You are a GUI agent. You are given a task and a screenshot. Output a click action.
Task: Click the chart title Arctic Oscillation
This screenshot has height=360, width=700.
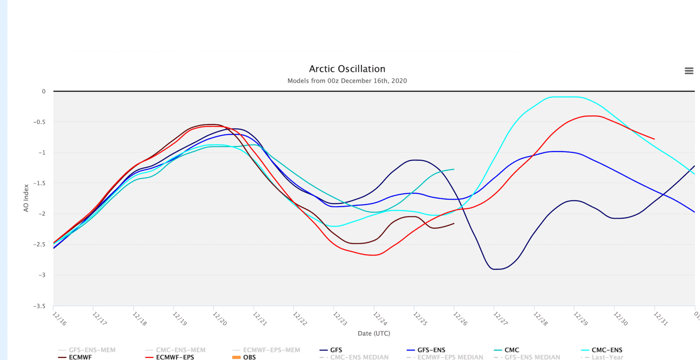coord(347,69)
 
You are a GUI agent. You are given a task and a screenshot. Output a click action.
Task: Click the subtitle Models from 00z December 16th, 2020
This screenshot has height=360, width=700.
coord(347,81)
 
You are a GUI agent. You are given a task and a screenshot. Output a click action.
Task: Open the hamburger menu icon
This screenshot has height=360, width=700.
coord(689,71)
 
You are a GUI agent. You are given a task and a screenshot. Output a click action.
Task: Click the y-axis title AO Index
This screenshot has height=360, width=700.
coord(26,198)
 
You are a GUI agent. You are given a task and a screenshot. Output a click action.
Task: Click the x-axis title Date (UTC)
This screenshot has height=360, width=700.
coord(374,333)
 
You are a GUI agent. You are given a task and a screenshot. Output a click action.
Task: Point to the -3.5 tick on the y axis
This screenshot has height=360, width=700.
coord(39,306)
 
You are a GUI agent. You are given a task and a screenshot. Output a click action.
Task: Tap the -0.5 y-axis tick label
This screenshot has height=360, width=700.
coord(39,122)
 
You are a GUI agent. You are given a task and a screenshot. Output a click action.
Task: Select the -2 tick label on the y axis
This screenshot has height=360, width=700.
coord(41,214)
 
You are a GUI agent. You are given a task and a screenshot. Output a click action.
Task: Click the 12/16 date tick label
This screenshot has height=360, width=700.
coord(59,318)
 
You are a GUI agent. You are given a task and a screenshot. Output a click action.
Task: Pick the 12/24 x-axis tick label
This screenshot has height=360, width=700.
coord(380,318)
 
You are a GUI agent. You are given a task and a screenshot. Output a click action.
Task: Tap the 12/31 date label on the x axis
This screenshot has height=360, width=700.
coord(660,318)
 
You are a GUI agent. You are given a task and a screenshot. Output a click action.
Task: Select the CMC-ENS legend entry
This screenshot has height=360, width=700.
coord(607,350)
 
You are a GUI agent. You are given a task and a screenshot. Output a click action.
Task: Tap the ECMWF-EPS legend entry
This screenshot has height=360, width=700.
coord(175,357)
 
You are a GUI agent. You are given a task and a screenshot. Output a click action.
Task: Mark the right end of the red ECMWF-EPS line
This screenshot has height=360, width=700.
coord(654,139)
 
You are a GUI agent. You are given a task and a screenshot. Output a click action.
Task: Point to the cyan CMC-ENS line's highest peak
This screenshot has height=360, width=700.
coord(565,97)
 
